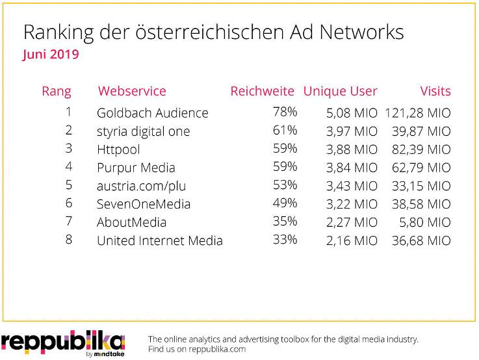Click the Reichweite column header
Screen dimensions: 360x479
[262, 92]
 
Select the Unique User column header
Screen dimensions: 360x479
[340, 92]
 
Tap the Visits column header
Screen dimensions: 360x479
[435, 92]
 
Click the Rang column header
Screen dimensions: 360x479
[57, 92]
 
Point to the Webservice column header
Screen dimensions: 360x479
[132, 92]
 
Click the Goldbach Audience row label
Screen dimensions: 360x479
[152, 113]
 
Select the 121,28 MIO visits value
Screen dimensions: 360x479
[418, 113]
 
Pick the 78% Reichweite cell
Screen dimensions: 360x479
[285, 112]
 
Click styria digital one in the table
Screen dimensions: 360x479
[143, 131]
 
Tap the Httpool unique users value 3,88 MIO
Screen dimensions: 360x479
[352, 149]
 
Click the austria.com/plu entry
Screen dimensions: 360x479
[141, 186]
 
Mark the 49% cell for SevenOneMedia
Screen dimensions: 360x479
[285, 203]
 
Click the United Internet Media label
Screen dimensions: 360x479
[159, 240]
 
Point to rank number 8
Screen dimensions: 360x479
[68, 240]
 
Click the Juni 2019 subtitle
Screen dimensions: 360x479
[51, 55]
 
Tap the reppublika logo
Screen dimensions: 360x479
[62, 342]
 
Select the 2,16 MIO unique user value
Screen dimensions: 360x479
[352, 240]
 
